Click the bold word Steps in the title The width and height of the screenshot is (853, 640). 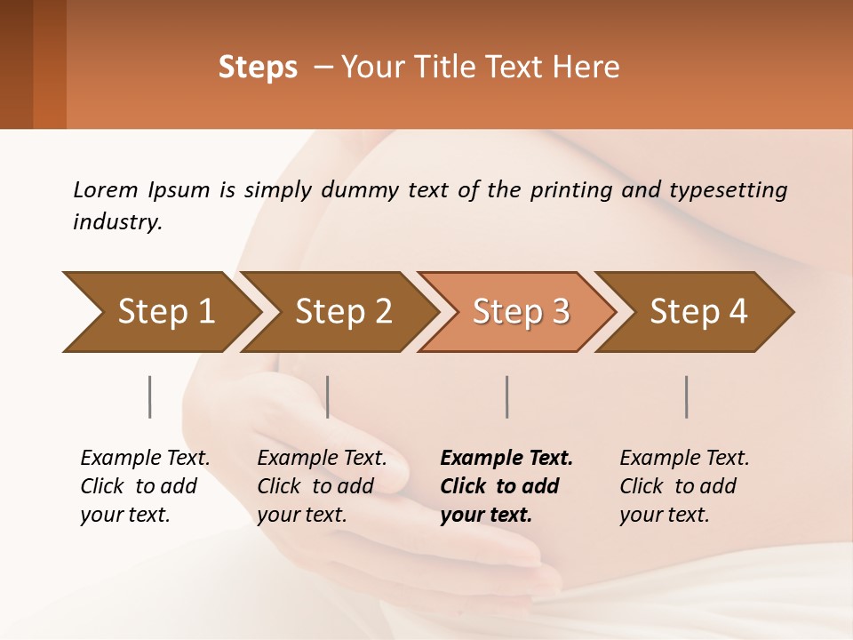tap(258, 68)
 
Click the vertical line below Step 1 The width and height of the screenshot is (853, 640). tap(149, 396)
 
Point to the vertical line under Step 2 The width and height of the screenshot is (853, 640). tap(328, 396)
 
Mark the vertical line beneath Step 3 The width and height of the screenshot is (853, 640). tap(506, 396)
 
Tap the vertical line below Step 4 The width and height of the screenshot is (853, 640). tap(686, 396)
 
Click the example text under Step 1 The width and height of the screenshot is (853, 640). tap(145, 486)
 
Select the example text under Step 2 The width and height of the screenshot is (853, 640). tap(322, 486)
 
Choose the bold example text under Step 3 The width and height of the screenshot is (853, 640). tap(506, 486)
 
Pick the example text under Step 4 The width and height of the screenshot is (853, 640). tap(684, 486)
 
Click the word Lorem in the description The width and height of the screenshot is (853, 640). tap(106, 189)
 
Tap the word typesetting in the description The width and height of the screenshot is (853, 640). tap(728, 189)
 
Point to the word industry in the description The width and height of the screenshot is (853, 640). tap(117, 222)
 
